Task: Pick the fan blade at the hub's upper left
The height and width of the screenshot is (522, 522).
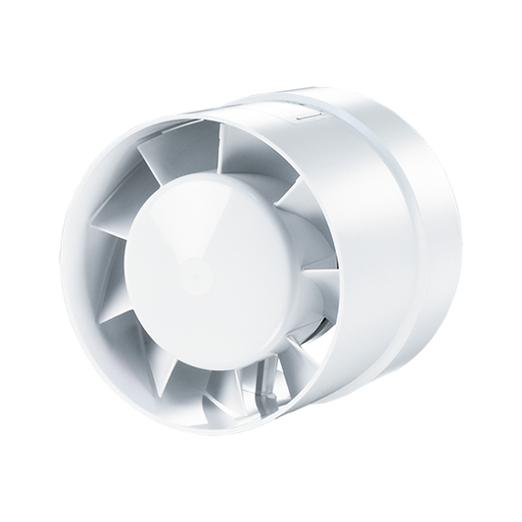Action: click(166, 186)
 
